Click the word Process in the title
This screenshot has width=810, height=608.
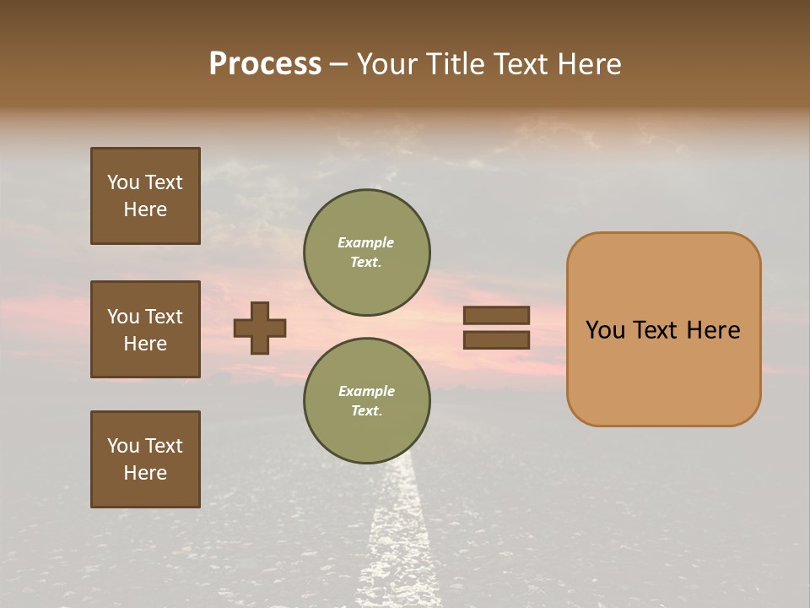pos(265,64)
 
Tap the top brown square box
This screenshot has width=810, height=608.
pos(145,196)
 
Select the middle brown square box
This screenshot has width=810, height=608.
pos(145,329)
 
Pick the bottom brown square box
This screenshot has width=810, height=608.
pos(145,459)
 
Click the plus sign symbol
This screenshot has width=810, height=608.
pos(260,328)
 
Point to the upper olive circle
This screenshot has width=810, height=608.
pos(366,252)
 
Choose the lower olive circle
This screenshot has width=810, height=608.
pos(366,401)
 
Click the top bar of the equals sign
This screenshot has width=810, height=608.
pos(497,315)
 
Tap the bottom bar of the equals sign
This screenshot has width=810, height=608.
pos(497,339)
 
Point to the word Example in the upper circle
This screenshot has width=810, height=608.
pos(365,242)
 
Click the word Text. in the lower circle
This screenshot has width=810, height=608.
pos(366,410)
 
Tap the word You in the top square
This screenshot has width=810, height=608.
pos(123,182)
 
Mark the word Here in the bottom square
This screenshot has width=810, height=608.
pos(145,473)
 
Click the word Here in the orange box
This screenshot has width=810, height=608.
pos(713,330)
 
